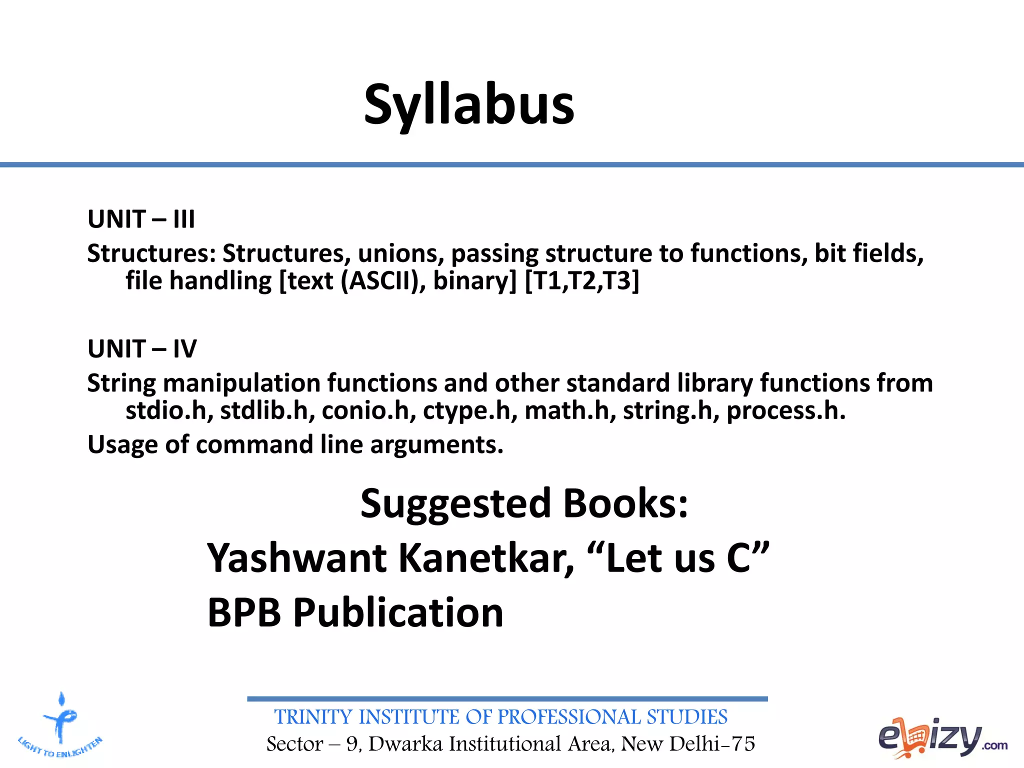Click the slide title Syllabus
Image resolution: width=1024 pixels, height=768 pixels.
[x=469, y=105]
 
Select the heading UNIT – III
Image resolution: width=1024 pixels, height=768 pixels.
[x=141, y=219]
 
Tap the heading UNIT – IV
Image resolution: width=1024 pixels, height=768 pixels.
[x=142, y=348]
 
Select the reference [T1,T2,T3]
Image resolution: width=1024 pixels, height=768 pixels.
[x=581, y=280]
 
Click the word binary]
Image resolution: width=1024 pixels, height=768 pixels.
[x=474, y=280]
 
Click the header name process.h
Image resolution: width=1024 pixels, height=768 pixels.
[x=785, y=410]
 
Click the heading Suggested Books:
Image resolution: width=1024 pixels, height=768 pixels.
[x=524, y=503]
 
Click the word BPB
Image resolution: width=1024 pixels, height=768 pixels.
[x=244, y=612]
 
